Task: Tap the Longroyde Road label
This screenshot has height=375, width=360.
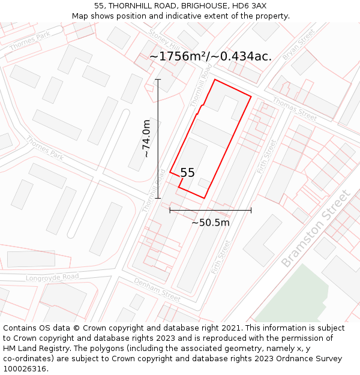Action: tap(52, 277)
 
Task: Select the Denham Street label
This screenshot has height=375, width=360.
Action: tap(157, 290)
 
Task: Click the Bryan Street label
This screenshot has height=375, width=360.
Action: tap(299, 44)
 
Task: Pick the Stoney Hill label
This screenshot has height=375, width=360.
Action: tap(164, 38)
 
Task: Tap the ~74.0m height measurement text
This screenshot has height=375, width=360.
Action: tap(146, 139)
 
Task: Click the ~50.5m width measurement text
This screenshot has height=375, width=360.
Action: tap(211, 223)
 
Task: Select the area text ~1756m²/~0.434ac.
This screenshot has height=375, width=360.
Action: tap(210, 56)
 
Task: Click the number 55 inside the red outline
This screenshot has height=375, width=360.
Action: tap(187, 173)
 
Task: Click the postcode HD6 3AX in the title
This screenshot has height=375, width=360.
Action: tap(250, 5)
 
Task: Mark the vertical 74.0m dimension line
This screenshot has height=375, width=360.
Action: tap(158, 139)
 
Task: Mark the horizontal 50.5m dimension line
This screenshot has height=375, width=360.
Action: tap(210, 210)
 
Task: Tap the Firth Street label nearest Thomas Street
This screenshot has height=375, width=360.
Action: tap(267, 157)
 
